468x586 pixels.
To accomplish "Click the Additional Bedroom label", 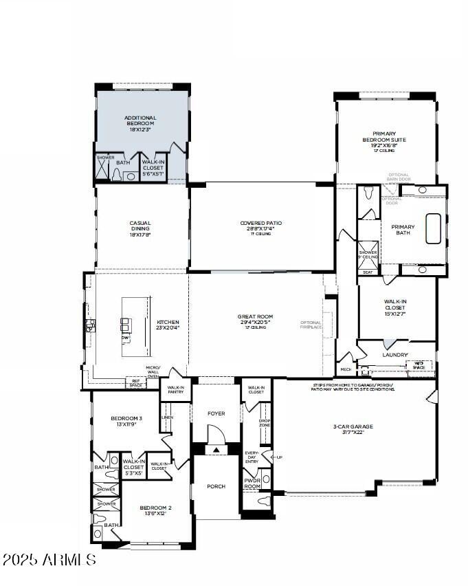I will (140, 123).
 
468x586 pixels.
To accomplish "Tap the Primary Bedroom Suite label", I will (389, 140).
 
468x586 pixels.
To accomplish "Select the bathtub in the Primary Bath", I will (433, 229).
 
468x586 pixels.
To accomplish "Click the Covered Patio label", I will (260, 226).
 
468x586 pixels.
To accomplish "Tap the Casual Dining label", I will (140, 226).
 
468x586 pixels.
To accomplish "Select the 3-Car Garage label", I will (353, 429).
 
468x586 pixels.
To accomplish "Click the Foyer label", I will (216, 413).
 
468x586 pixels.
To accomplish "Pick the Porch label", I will (216, 486).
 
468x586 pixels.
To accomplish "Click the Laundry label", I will (395, 355).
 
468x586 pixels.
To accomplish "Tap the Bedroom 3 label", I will (126, 421).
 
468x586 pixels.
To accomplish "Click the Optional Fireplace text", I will (311, 326).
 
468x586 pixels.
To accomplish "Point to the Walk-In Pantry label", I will (175, 391).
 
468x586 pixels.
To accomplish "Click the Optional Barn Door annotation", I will (399, 177).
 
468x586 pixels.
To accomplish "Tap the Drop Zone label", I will (264, 423).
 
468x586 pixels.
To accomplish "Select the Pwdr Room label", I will (252, 484).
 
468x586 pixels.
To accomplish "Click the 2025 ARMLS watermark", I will (49, 560).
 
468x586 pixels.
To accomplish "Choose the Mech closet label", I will (346, 369).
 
